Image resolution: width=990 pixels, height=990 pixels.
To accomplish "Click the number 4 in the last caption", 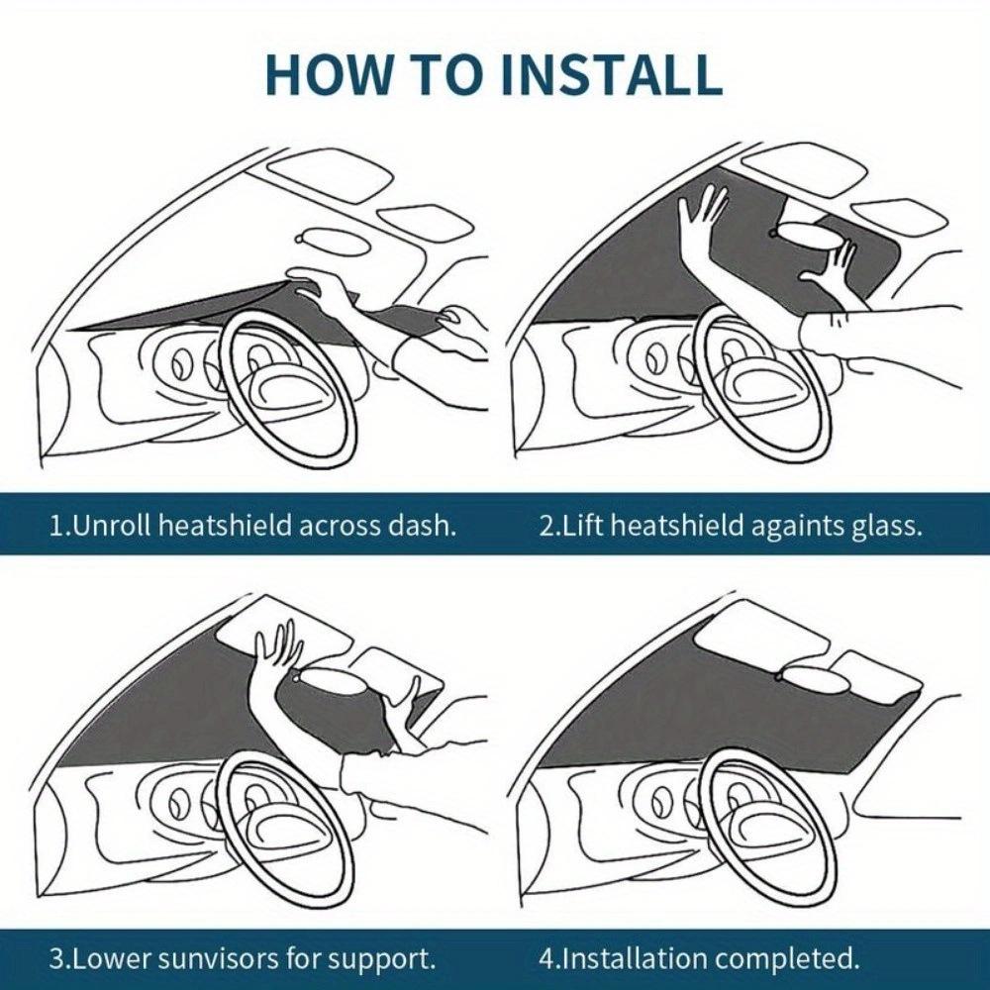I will pyautogui.click(x=546, y=958).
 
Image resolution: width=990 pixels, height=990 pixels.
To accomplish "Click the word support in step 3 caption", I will pyautogui.click(x=385, y=958).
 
